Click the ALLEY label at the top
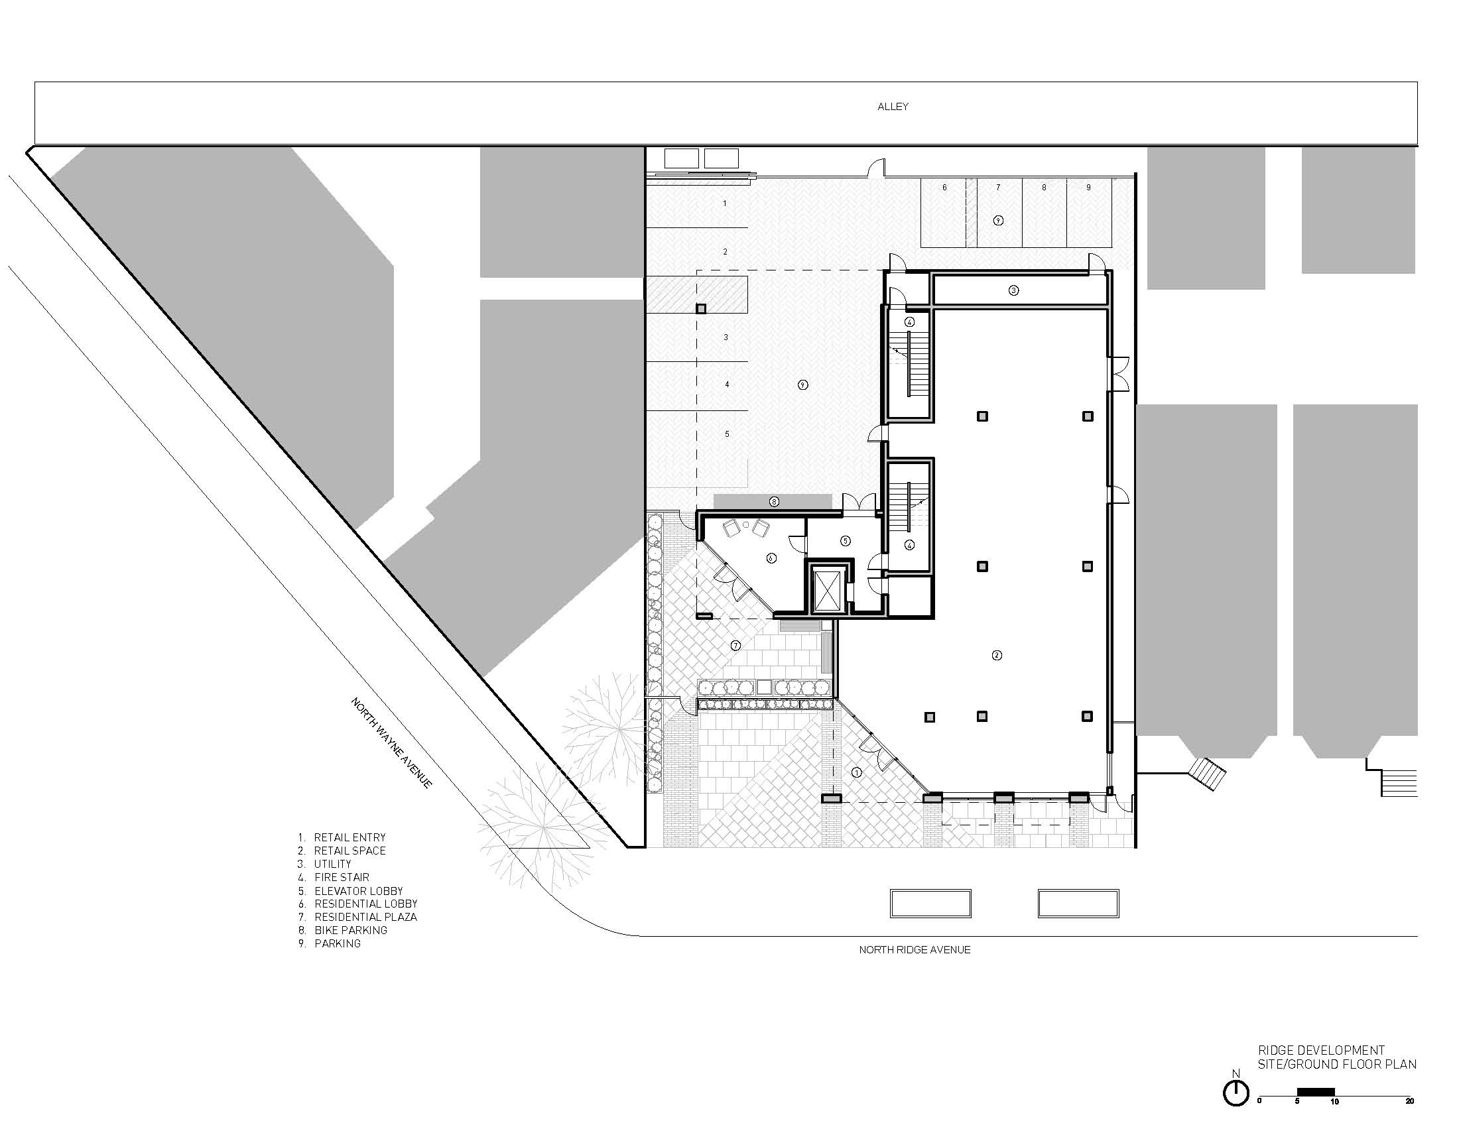coord(893,107)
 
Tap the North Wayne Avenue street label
coord(391,742)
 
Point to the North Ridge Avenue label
coord(914,949)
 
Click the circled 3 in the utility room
coord(1013,290)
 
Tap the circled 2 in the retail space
coord(997,655)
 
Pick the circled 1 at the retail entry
coord(856,772)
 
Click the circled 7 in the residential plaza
coord(735,646)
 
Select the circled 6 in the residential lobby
coord(771,558)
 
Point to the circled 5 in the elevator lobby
coord(845,541)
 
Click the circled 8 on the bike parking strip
coord(774,501)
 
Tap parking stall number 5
coord(728,434)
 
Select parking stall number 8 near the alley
coord(1044,188)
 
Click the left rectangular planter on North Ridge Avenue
coord(930,904)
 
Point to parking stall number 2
coord(726,252)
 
